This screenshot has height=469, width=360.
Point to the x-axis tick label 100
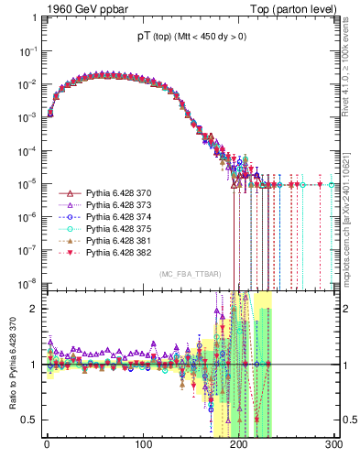(143, 444)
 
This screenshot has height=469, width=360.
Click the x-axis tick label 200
(239, 444)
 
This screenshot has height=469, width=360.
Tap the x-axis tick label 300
(334, 444)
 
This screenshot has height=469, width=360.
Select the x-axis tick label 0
(47, 444)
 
